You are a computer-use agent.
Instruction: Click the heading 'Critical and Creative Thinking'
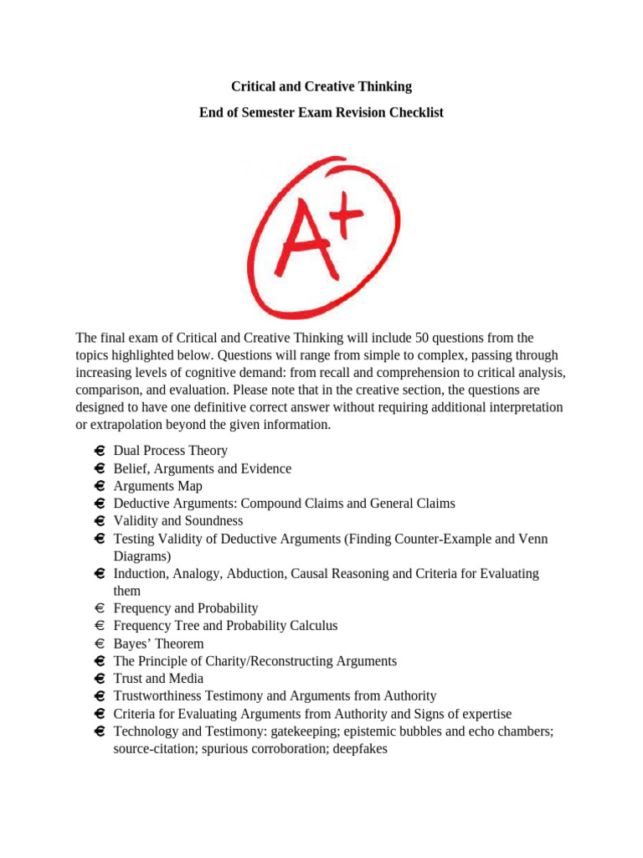point(321,86)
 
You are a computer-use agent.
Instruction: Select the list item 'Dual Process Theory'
point(170,451)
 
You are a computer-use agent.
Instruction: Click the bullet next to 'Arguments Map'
point(99,486)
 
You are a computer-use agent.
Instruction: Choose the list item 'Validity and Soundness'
point(178,521)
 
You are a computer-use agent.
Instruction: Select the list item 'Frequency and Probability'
point(186,608)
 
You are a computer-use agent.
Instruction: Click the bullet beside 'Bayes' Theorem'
point(99,643)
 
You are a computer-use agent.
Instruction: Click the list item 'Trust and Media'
point(158,679)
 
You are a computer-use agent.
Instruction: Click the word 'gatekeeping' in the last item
point(321,731)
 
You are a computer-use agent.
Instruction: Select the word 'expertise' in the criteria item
point(486,713)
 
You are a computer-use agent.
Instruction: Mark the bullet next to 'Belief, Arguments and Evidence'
point(99,468)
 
